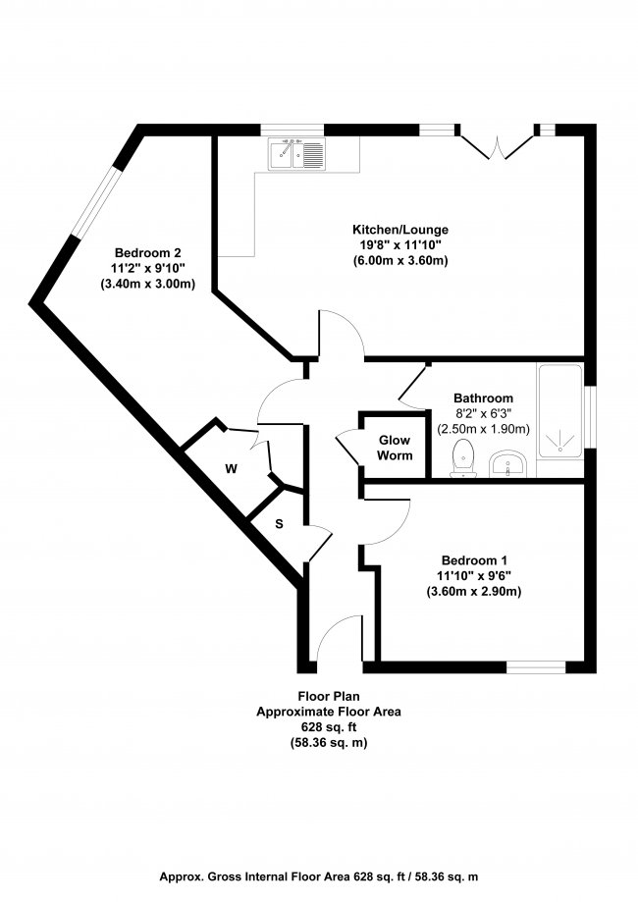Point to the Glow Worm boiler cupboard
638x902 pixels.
[x=395, y=448]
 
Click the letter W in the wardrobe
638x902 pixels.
[x=232, y=469]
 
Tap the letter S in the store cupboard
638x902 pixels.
[x=279, y=523]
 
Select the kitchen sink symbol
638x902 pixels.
[x=296, y=154]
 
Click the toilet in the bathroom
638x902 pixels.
[x=463, y=458]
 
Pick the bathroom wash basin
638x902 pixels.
[x=508, y=462]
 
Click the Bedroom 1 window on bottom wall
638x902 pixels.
[x=536, y=667]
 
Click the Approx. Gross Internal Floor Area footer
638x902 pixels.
[x=319, y=876]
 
